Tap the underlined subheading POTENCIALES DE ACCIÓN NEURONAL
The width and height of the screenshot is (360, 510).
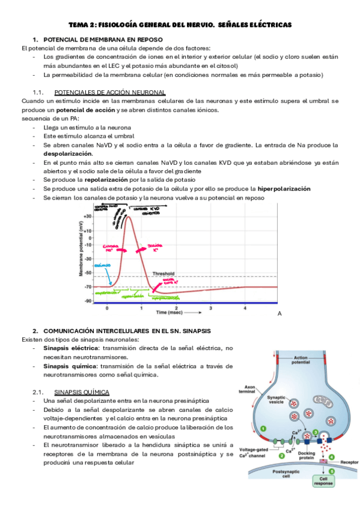[110, 92]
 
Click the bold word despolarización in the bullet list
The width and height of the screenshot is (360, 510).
[68, 153]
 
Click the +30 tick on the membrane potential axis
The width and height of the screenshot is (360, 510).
[88, 216]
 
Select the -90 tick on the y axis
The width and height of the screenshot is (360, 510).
[88, 301]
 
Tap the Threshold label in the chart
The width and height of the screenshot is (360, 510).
[163, 273]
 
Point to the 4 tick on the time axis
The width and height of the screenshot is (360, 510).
[245, 307]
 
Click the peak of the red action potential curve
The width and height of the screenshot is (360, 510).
[127, 216]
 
